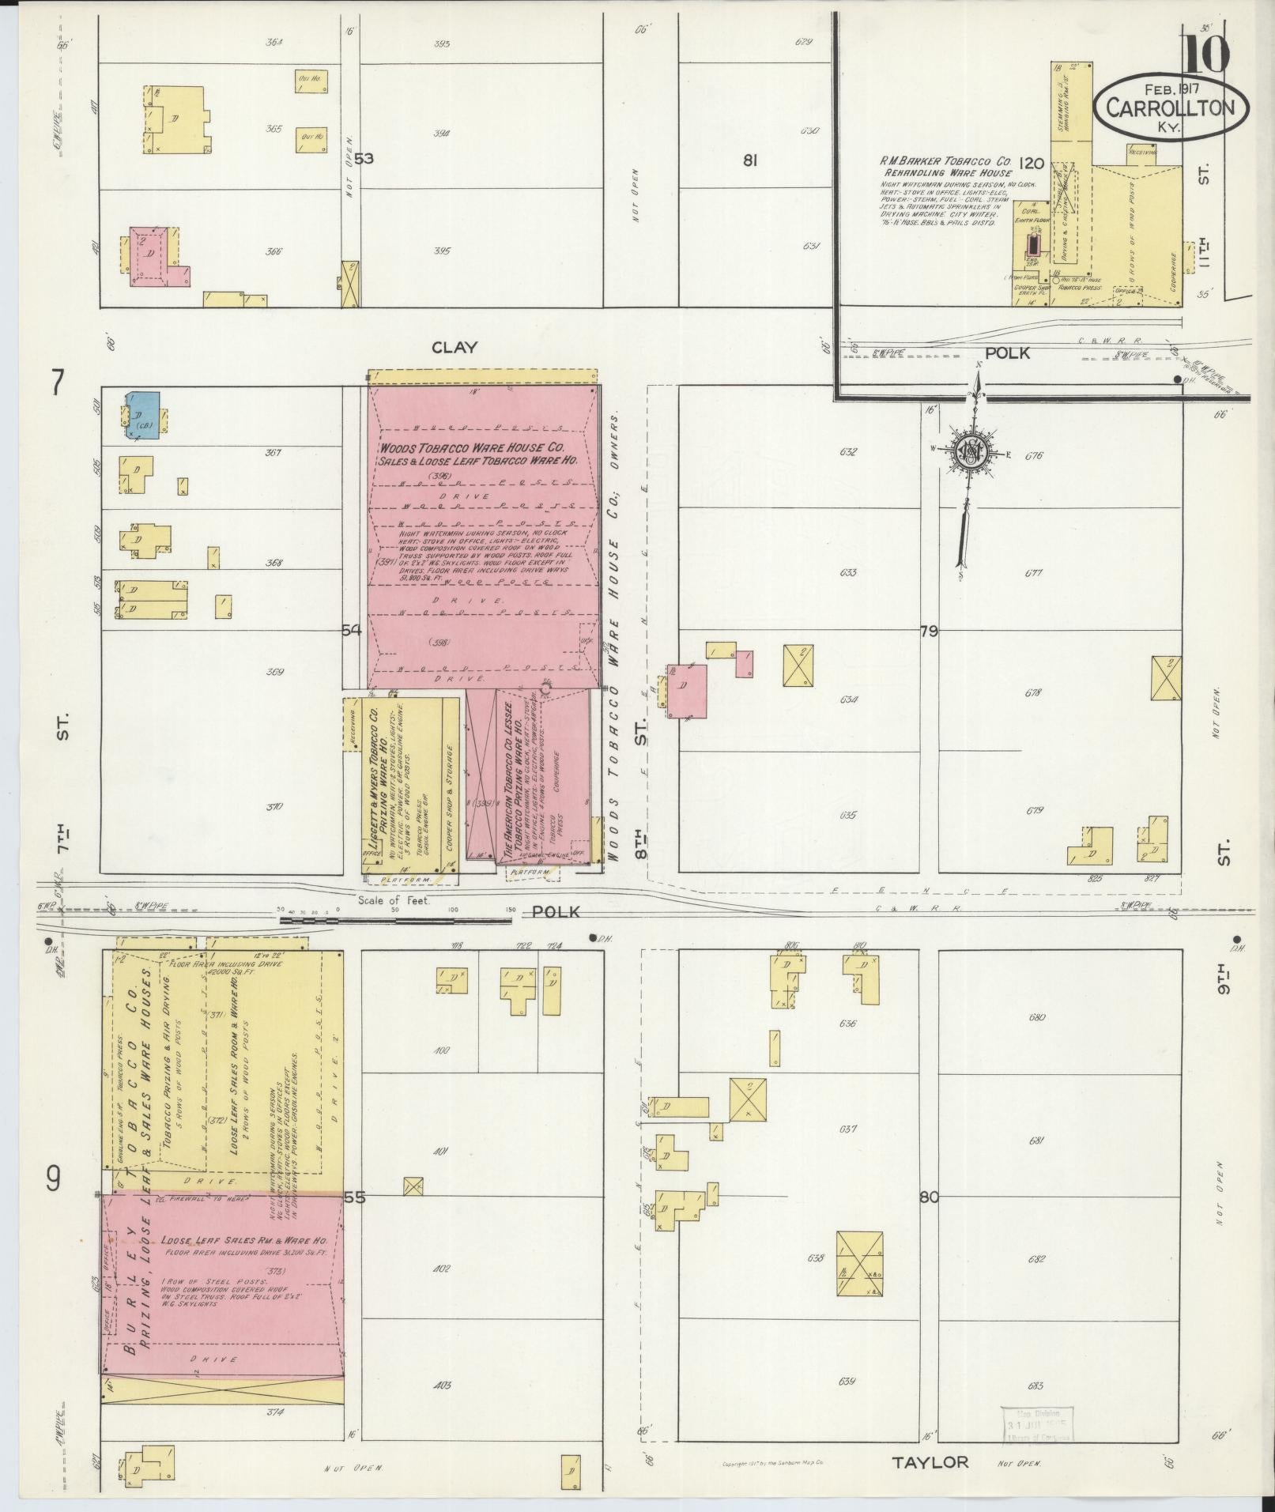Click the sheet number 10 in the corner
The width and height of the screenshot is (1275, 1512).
[x=1207, y=54]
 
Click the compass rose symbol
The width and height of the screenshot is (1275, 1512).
[x=969, y=453]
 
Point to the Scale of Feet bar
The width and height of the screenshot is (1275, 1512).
[x=395, y=919]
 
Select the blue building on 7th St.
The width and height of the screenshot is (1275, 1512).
[x=145, y=411]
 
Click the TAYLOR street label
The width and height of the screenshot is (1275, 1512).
[x=930, y=1462]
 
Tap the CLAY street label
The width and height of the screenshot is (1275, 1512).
[x=455, y=347]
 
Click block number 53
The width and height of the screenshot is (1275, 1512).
[x=364, y=159]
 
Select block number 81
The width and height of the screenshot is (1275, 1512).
[x=750, y=160]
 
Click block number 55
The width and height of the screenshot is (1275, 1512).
[x=355, y=1219]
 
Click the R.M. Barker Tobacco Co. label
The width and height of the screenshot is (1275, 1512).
[x=945, y=160]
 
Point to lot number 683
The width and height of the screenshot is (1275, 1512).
[x=1036, y=1386]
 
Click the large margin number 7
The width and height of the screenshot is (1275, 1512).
[x=55, y=383]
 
